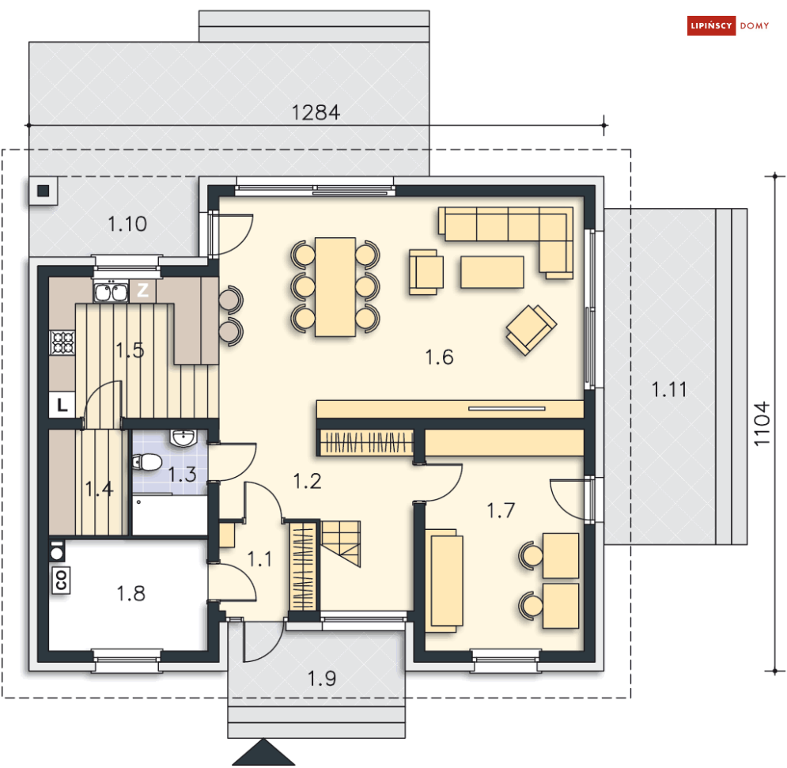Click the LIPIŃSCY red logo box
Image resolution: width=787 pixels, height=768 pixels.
[x=711, y=25]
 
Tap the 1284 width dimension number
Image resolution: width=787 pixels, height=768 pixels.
[x=316, y=112]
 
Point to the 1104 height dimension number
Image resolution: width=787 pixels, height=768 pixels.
[x=762, y=423]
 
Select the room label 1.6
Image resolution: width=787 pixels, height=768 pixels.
[x=439, y=358]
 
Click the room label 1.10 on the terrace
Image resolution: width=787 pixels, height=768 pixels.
[x=127, y=224]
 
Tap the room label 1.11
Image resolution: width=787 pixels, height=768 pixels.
[x=668, y=389]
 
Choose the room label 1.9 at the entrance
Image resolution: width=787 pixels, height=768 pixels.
[x=322, y=679]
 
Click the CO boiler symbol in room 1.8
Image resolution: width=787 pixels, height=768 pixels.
[x=61, y=581]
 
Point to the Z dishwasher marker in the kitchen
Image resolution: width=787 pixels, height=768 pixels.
[x=142, y=290]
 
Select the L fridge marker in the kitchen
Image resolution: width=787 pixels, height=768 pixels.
[x=62, y=405]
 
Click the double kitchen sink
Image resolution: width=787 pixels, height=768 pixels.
[x=111, y=292]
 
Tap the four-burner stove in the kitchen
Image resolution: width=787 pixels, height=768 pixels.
[x=62, y=342]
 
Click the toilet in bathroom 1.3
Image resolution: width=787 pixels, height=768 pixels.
[x=146, y=462]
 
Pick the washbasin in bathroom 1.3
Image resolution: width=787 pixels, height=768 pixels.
[x=183, y=437]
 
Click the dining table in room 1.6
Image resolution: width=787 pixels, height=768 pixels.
[x=335, y=286]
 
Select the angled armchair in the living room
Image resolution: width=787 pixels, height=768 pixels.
[x=531, y=330]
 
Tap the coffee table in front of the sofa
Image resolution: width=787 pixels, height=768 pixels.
[x=492, y=272]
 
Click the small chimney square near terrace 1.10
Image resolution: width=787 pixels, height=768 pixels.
[x=44, y=191]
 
